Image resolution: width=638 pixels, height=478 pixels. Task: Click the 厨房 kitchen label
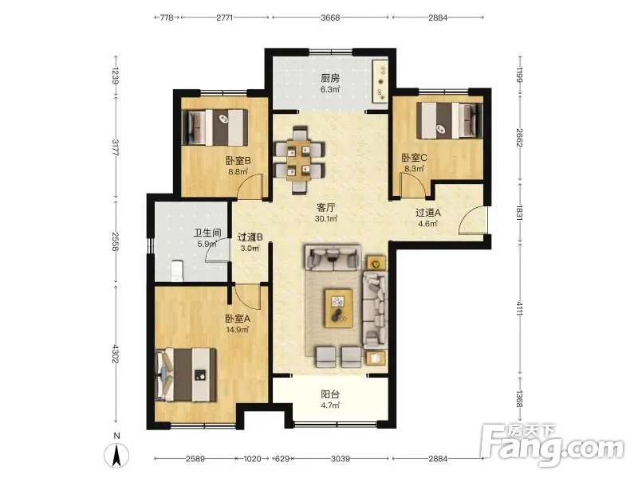330,78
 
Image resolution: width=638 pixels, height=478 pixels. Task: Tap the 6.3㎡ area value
330,89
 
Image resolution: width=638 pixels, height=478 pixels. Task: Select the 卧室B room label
238,161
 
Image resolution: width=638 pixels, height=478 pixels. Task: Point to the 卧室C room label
414,158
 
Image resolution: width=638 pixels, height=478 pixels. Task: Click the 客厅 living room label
326,208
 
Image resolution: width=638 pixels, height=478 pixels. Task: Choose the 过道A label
428,213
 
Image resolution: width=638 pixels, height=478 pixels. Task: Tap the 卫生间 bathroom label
207,233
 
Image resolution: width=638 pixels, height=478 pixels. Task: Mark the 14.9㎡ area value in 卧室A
238,330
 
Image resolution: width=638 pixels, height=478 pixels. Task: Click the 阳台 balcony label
330,394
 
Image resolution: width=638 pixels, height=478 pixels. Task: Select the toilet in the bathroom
177,270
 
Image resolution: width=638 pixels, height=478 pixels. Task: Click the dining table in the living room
300,160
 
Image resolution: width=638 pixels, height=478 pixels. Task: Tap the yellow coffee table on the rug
338,308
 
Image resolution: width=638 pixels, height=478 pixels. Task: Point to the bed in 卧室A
186,374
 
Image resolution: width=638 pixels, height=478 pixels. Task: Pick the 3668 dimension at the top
330,18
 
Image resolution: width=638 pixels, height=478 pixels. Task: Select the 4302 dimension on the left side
116,354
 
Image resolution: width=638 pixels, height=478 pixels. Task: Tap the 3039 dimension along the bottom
341,459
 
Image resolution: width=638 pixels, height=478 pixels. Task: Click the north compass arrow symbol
116,455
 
